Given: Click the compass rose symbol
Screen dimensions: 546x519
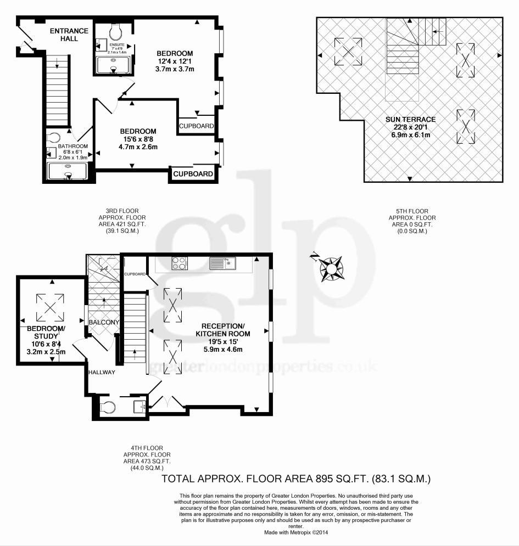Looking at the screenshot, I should click(x=332, y=269).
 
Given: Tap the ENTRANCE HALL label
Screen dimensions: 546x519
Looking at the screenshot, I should click(x=69, y=35).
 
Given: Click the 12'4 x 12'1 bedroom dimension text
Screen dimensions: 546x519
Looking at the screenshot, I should click(x=174, y=61).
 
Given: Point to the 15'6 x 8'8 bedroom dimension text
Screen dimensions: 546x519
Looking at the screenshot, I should click(x=138, y=139).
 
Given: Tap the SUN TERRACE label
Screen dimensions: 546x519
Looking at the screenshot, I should click(x=410, y=119).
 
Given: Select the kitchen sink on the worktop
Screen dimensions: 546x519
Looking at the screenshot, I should click(x=223, y=263).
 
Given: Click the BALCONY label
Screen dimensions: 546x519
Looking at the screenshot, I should click(x=104, y=322).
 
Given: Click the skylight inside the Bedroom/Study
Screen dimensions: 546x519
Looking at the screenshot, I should click(x=51, y=307).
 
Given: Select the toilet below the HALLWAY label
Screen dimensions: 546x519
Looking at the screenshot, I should click(x=108, y=407).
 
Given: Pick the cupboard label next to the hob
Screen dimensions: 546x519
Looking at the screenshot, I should click(x=135, y=274).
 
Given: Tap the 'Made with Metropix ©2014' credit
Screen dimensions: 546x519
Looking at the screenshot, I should click(x=296, y=532).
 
